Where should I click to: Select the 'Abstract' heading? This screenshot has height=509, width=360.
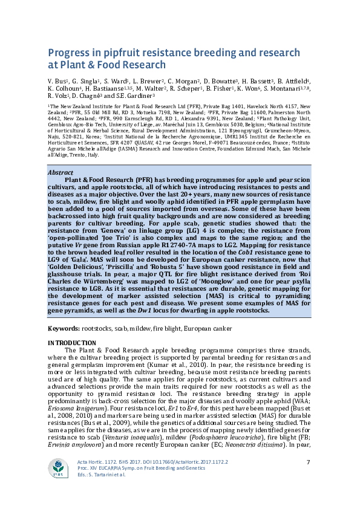pos(61,172)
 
